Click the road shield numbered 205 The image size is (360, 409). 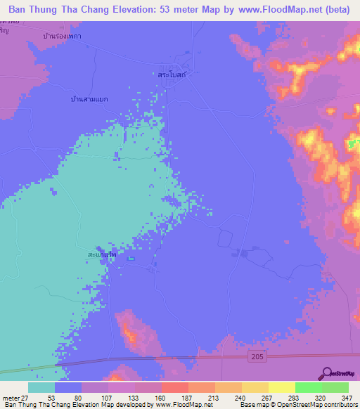pos(257,358)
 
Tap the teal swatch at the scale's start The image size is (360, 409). pos(41,387)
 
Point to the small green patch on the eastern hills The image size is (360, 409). pos(352,145)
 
